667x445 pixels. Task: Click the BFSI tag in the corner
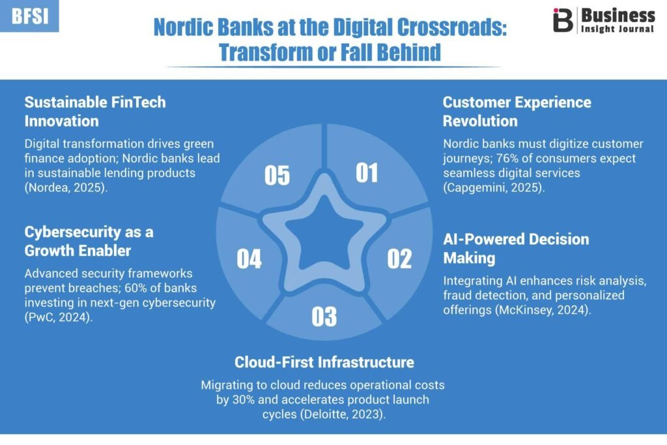point(30,16)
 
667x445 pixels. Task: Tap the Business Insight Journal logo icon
point(563,20)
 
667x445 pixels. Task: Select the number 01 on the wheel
point(367,173)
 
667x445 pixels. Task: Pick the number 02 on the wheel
point(399,259)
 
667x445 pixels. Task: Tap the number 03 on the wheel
point(324,317)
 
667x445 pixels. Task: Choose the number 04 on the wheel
point(249,259)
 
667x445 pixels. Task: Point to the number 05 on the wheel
point(277,175)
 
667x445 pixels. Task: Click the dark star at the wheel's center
point(324,235)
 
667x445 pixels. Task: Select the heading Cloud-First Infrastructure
point(324,362)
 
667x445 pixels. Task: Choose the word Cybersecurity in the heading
point(72,233)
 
